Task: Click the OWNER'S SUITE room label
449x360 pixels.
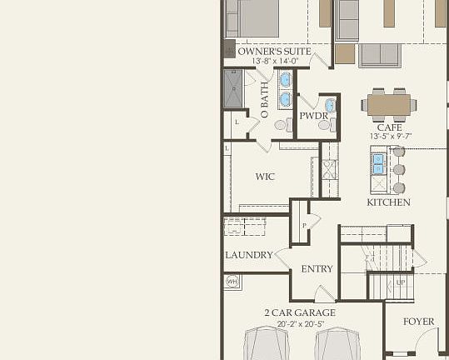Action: pyautogui.click(x=274, y=52)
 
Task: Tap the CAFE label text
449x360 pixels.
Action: pyautogui.click(x=389, y=127)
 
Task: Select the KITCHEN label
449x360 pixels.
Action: pyautogui.click(x=388, y=202)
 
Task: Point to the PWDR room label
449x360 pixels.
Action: pyautogui.click(x=313, y=116)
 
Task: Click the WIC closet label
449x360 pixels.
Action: pyautogui.click(x=265, y=177)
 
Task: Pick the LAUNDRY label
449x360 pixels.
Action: pyautogui.click(x=248, y=255)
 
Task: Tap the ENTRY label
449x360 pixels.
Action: pyautogui.click(x=317, y=269)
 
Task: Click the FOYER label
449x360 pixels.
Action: pyautogui.click(x=419, y=322)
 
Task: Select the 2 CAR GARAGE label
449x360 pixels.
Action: pyautogui.click(x=300, y=313)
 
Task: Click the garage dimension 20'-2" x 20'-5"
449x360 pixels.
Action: pyautogui.click(x=300, y=323)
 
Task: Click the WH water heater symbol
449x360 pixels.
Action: pyautogui.click(x=232, y=281)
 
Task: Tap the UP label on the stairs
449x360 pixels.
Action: pyautogui.click(x=400, y=282)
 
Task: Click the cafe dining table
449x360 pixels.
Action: pyautogui.click(x=389, y=105)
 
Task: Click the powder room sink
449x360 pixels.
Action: pyautogui.click(x=330, y=106)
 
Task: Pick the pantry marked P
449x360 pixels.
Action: pyautogui.click(x=305, y=225)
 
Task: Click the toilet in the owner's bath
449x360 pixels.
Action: pyautogui.click(x=281, y=126)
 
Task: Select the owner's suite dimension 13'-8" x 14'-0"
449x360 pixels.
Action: pyautogui.click(x=274, y=61)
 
